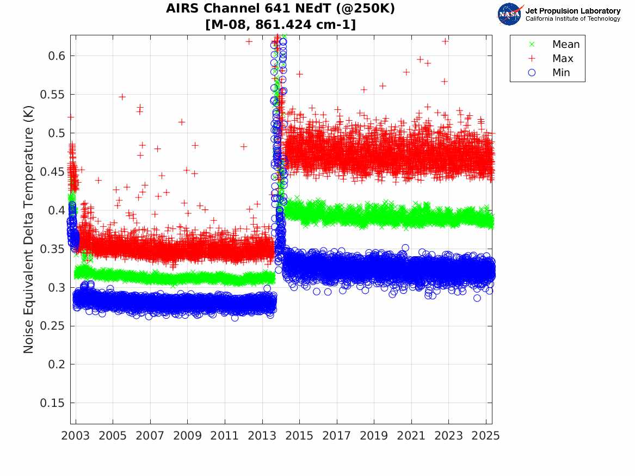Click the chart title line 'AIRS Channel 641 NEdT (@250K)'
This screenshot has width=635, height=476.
coord(280,9)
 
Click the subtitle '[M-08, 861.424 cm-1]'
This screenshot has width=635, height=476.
coord(280,24)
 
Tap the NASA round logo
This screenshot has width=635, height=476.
coord(510,14)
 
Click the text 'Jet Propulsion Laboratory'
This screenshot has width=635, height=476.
coord(572,11)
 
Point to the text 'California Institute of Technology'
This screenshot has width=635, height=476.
coord(572,19)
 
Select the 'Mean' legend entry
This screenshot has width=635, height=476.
coord(566,45)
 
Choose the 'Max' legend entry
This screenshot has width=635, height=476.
coord(563,59)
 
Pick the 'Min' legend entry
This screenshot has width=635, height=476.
coord(562,73)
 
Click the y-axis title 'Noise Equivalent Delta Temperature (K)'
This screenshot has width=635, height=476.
coord(29,230)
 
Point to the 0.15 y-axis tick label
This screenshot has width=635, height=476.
coord(52,403)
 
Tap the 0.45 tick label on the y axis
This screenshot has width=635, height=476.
coord(52,172)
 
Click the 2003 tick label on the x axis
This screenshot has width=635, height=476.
coord(76,436)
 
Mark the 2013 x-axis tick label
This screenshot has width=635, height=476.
coord(262,436)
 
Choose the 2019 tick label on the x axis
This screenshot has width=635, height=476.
coord(374,436)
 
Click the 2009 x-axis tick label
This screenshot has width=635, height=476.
coord(188,436)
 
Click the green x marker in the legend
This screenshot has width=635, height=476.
coord(532,45)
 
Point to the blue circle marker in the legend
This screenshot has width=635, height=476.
coord(532,73)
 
